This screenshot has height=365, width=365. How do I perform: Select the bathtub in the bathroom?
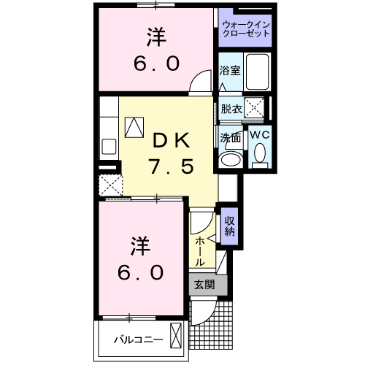point(256,71)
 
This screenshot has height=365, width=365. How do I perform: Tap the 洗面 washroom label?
point(230,137)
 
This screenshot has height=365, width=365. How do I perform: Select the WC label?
point(261,135)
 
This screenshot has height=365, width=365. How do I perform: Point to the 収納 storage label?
point(228,227)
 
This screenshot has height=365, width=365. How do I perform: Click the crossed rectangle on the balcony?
point(175,338)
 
